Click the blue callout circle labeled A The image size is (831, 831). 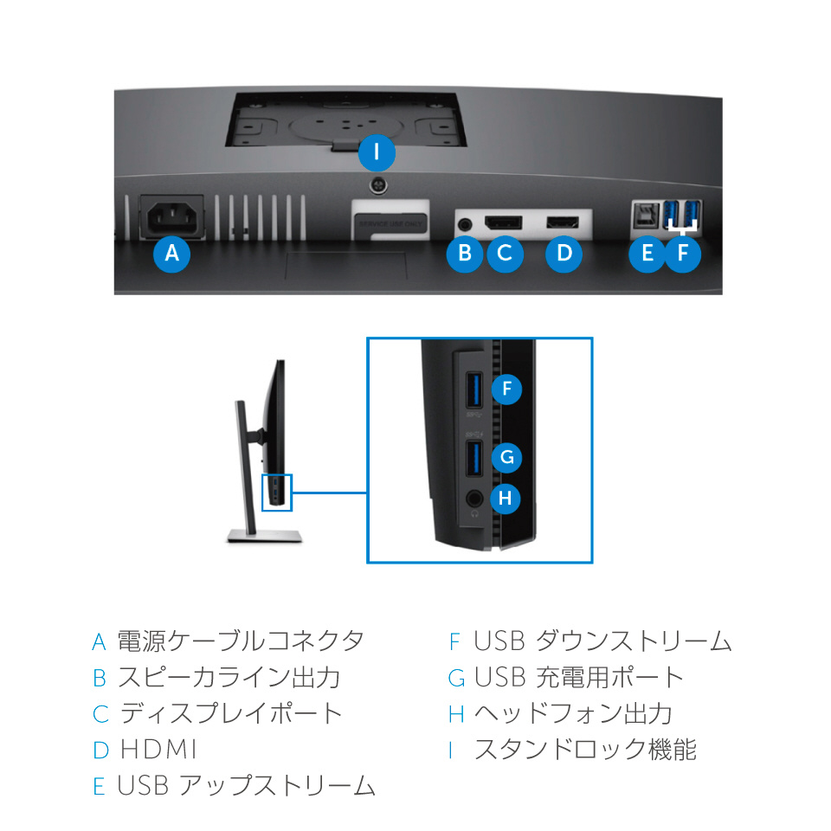[x=171, y=254]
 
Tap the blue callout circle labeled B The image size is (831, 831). [x=465, y=254]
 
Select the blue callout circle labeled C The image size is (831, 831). [x=505, y=254]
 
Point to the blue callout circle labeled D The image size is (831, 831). [x=564, y=254]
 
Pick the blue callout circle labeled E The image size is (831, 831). [x=647, y=254]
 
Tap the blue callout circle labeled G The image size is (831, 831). [x=507, y=456]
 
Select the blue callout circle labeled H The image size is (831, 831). [x=507, y=498]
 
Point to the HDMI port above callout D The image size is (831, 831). [x=564, y=222]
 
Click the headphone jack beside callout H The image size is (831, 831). [x=475, y=499]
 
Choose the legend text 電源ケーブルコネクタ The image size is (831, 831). [x=241, y=641]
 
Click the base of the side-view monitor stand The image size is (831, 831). [x=266, y=536]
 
